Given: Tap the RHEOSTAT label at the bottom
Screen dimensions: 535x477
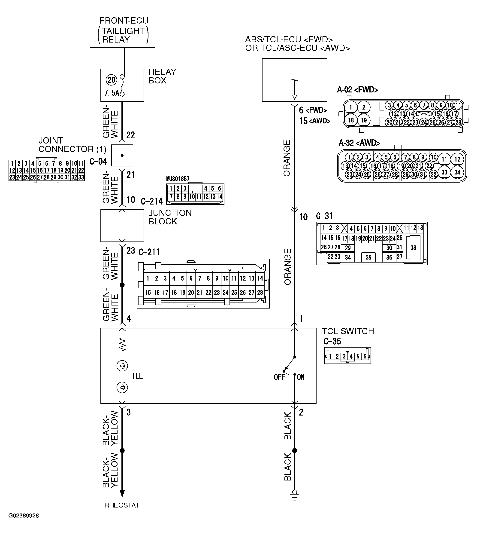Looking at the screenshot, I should pos(122,505).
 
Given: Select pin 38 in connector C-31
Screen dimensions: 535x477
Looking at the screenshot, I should pos(413,248).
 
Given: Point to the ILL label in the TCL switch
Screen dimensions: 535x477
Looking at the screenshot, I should pos(138,376).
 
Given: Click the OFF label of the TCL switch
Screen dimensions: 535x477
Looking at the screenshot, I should pos(279,377).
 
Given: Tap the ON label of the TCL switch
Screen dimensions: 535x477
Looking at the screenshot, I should pos(301,377).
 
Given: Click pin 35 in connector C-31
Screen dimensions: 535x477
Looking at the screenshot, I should pos(368,257).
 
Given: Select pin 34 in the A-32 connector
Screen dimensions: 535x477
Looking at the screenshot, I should pos(457,172).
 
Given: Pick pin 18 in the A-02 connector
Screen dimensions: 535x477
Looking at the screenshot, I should pos(351,120).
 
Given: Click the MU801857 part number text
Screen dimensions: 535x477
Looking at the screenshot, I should pos(178,179).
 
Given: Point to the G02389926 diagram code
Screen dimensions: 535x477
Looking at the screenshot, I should pos(24,523).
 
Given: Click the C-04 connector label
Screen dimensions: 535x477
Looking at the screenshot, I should pos(98,162).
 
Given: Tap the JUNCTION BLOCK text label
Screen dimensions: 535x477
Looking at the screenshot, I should pos(170,217).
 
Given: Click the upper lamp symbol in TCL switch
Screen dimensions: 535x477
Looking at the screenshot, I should pos(122,366).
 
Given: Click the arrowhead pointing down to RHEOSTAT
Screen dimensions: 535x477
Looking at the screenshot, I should pos(122,493).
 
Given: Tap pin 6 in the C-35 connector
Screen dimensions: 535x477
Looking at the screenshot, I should pos(365,356).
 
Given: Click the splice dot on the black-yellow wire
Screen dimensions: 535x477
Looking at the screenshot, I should pos(122,450).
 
